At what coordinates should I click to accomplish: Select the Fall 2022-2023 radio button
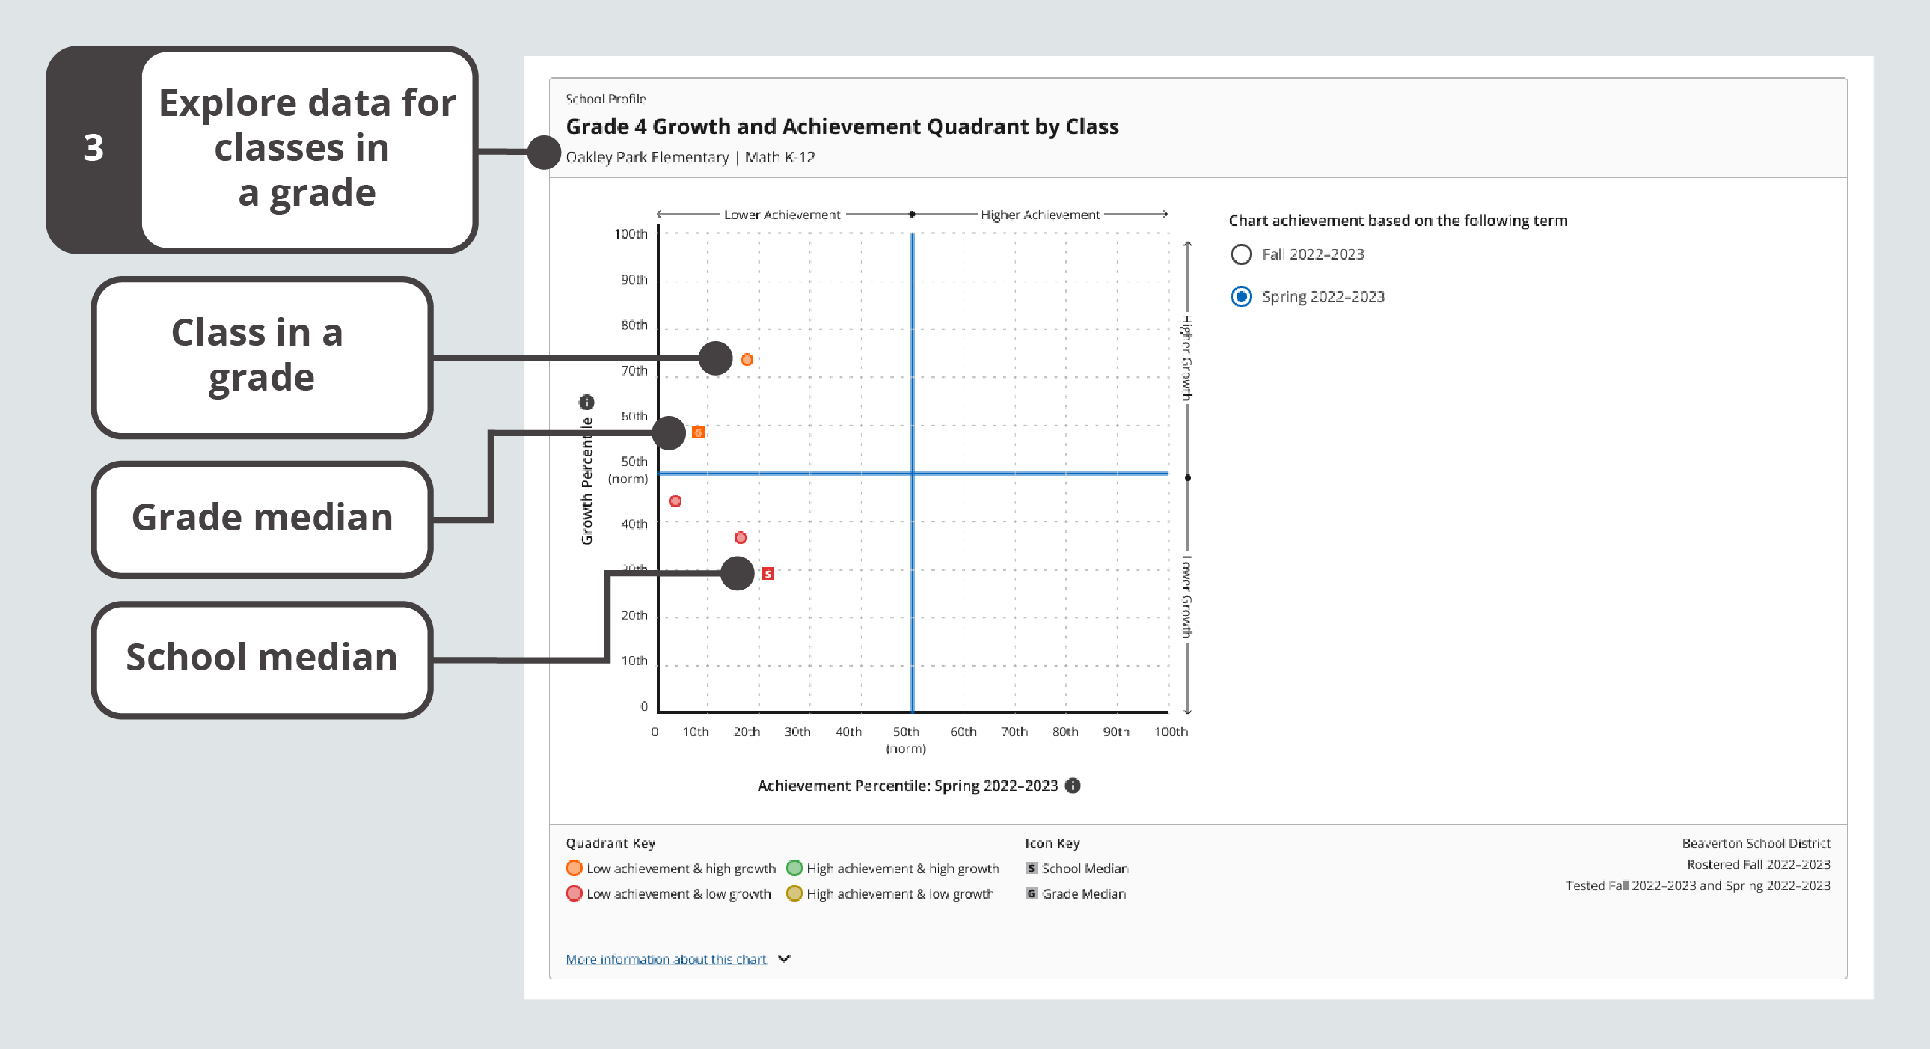(1241, 254)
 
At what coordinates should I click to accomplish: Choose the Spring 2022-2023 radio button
(1241, 297)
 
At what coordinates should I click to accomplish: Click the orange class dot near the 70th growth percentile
(747, 360)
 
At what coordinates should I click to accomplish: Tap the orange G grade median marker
(697, 432)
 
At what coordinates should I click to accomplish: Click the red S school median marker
(768, 573)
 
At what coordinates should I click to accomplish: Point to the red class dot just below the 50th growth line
(675, 501)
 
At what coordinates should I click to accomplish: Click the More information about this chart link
(665, 959)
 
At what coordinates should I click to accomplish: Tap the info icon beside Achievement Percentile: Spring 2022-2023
(1073, 785)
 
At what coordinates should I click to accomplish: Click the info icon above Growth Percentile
(586, 402)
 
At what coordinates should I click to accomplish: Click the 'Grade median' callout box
(262, 519)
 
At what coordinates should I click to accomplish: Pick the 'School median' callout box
(262, 658)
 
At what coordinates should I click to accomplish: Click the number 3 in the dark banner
(94, 147)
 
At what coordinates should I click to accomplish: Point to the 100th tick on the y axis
(631, 233)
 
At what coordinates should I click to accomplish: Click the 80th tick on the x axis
(1064, 731)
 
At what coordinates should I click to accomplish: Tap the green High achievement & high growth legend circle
(794, 868)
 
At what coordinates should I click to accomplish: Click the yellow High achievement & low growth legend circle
(794, 893)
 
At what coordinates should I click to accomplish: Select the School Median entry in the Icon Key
(1076, 869)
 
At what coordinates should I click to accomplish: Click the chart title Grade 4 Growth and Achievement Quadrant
(842, 126)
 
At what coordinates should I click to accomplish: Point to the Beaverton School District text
(1756, 843)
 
